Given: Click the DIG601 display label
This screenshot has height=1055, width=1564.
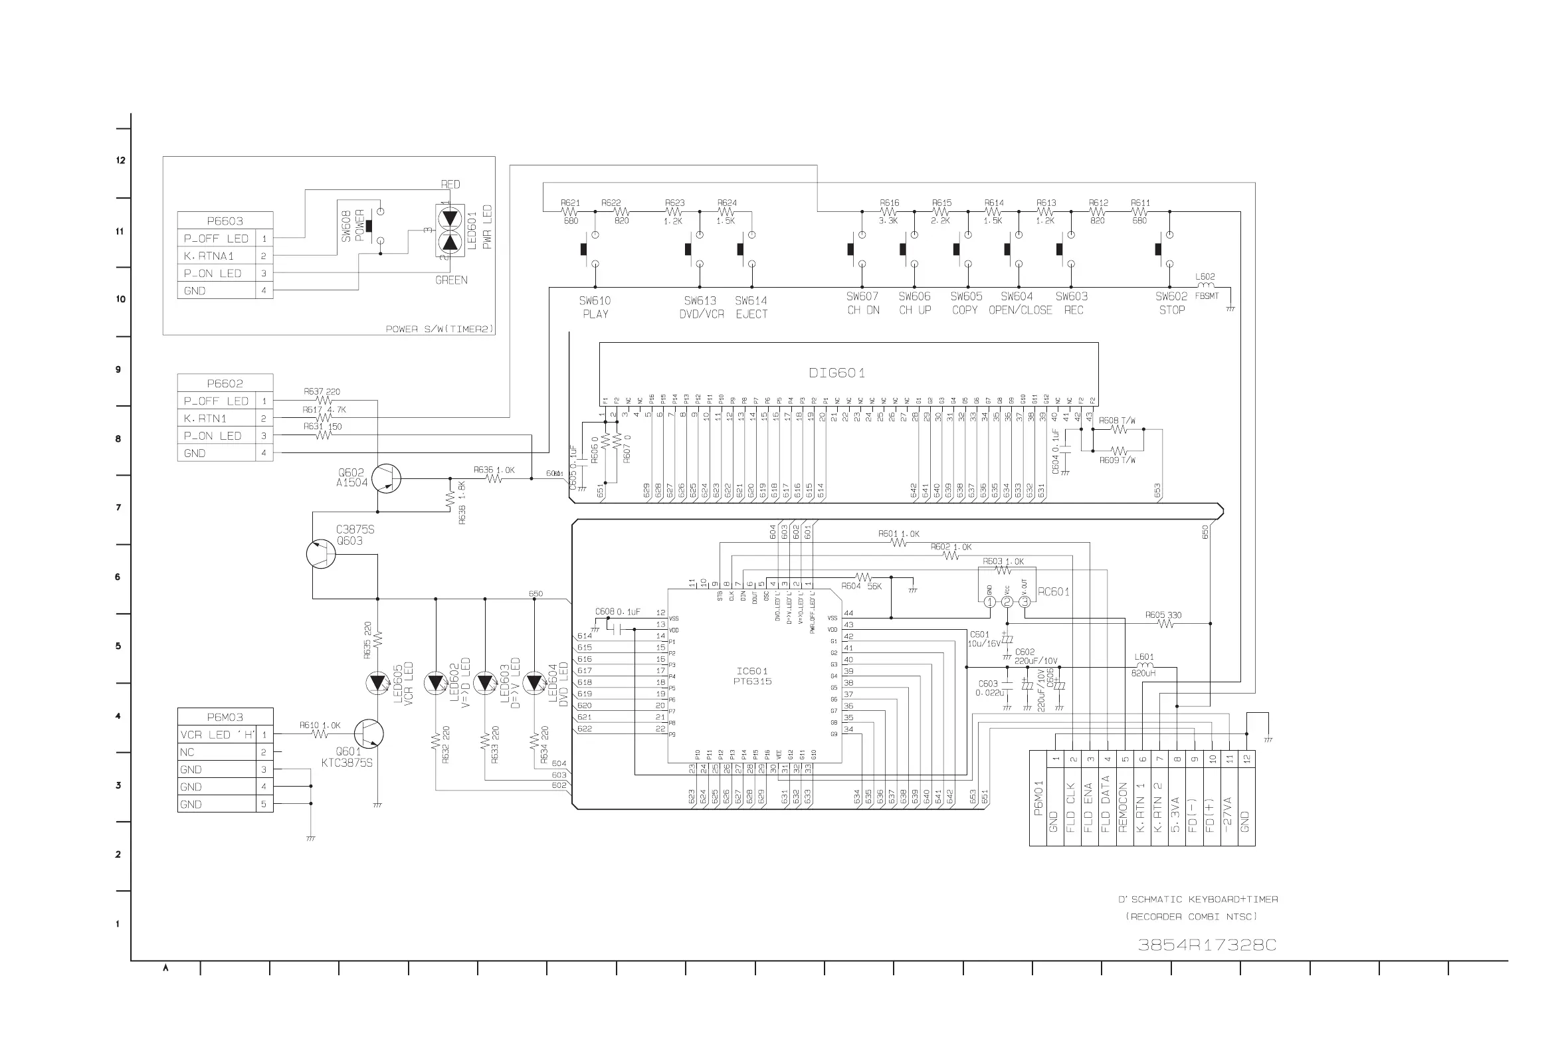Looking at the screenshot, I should [x=836, y=373].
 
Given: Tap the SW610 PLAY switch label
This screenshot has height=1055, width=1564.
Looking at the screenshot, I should [x=595, y=307].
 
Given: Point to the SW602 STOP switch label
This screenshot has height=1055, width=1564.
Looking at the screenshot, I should [x=1171, y=303].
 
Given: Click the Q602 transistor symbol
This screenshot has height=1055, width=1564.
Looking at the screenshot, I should [x=386, y=478].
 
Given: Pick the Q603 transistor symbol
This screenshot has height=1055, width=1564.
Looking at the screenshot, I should [x=321, y=553].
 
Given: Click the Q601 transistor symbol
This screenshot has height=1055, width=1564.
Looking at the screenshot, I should [x=368, y=734].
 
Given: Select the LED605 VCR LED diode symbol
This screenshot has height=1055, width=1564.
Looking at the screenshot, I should [x=377, y=683].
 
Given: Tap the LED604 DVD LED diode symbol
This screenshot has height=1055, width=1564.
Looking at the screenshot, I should [x=534, y=683].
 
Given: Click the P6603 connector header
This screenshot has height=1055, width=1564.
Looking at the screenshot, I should [x=225, y=221].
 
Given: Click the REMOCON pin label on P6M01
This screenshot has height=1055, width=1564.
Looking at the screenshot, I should [x=1122, y=807].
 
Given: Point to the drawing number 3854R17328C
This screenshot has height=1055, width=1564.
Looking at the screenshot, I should [x=1206, y=945].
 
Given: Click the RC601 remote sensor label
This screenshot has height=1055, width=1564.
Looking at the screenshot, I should [x=1053, y=592].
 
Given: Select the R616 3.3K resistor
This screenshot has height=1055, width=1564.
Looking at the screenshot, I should [x=888, y=211].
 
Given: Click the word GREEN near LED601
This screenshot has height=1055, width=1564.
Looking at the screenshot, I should [x=450, y=280].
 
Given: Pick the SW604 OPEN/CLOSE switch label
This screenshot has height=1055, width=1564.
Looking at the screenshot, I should [x=1019, y=303].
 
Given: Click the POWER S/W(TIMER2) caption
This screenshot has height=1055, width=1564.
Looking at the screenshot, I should [x=439, y=329].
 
